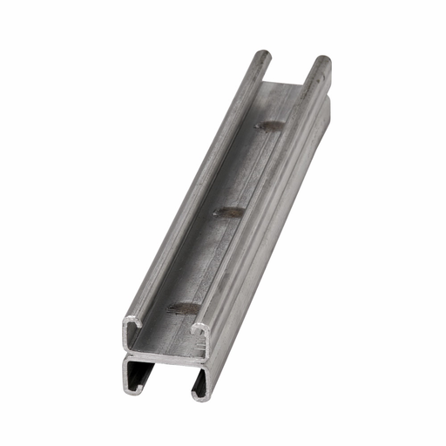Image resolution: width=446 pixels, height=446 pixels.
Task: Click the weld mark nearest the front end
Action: click(183, 306)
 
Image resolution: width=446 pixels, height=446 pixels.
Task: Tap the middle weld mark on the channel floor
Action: click(229, 212)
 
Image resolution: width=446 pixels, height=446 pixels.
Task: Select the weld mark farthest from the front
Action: click(270, 126)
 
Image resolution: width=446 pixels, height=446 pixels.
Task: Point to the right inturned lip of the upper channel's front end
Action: click(199, 332)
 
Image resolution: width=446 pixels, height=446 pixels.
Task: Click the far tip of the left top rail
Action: click(262, 57)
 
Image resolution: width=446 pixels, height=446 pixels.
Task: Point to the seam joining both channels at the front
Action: click(166, 355)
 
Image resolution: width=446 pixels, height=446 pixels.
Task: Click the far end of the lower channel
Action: click(327, 105)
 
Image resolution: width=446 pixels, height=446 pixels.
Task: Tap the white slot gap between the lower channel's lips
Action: click(166, 388)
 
